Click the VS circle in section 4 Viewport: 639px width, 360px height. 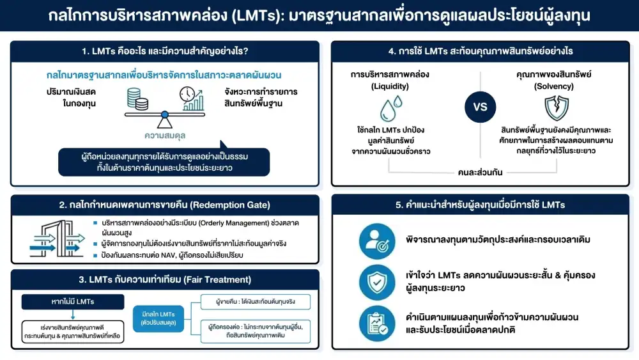click(x=480, y=106)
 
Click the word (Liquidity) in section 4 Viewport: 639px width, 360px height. click(x=390, y=86)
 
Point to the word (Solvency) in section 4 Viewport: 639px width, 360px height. click(x=554, y=86)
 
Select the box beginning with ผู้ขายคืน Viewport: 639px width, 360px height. click(x=254, y=302)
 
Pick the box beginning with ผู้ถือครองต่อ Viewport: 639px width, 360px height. click(x=255, y=330)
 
